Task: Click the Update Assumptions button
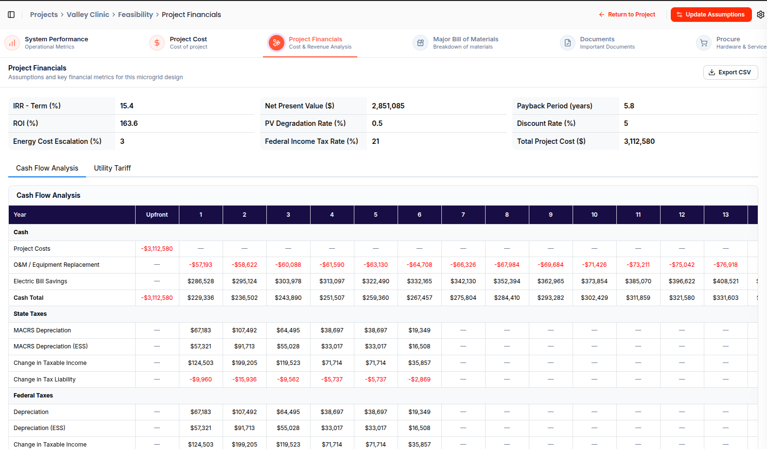[711, 15]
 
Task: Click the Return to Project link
[627, 15]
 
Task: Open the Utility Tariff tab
[112, 168]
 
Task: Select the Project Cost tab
[178, 43]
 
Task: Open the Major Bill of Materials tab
[455, 43]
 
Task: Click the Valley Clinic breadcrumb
[88, 15]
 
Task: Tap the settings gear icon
[761, 15]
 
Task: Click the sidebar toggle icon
[11, 15]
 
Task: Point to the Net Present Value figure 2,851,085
[388, 106]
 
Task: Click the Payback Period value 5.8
[629, 106]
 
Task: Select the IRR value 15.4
[127, 106]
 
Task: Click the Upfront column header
[157, 215]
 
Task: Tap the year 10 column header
[594, 215]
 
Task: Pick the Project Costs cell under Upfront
[157, 248]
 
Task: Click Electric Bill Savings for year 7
[463, 281]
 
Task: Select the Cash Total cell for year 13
[726, 298]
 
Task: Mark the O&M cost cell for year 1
[201, 265]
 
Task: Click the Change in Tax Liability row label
[45, 379]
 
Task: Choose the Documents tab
[597, 43]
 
